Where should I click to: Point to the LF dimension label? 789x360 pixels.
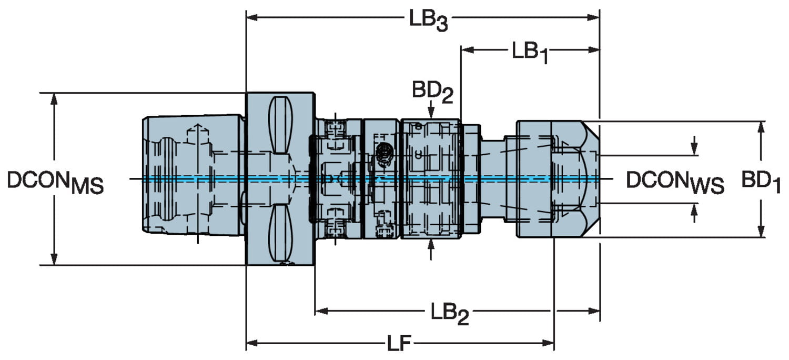point(399,345)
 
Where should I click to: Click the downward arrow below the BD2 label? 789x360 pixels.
point(431,112)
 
